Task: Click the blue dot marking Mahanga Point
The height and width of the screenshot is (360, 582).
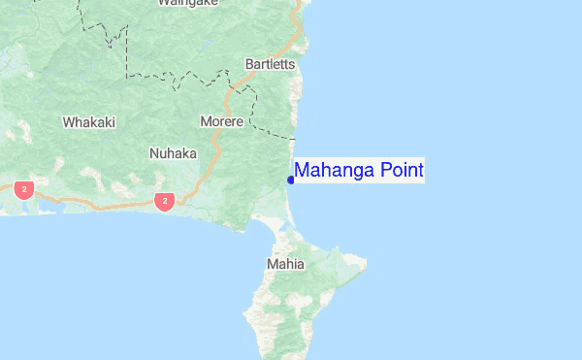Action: pos(291,180)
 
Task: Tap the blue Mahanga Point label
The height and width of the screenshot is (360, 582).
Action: pos(359,171)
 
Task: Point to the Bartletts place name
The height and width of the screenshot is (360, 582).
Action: pos(270,64)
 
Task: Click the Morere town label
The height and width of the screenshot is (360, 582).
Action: pos(221,121)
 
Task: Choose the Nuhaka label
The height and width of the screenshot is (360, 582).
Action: pos(173,153)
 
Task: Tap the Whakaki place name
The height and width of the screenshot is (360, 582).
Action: pos(88,122)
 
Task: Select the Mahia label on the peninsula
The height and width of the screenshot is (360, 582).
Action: pos(285,264)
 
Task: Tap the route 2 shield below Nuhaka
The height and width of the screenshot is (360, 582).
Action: pos(165,202)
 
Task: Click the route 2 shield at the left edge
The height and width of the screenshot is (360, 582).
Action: pos(24,187)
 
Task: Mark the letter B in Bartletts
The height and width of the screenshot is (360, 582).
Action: pos(250,64)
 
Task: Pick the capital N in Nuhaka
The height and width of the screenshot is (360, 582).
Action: pos(154,153)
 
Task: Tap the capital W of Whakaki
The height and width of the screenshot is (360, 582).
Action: pos(68,122)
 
